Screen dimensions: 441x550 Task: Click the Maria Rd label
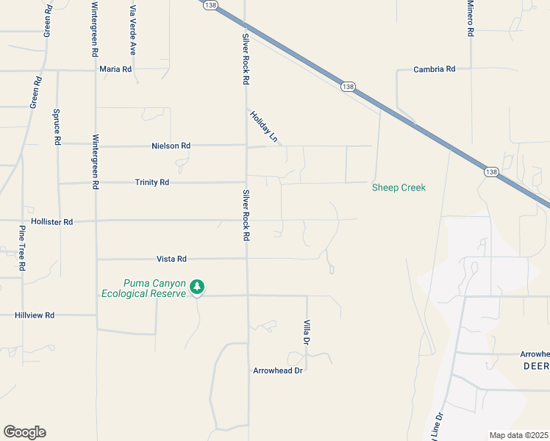(x=115, y=69)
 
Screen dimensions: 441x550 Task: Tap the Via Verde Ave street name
(x=133, y=30)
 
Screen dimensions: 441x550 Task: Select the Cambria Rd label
(x=435, y=69)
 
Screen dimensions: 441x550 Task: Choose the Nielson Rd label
(x=171, y=146)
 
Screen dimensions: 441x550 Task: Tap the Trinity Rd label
(x=152, y=182)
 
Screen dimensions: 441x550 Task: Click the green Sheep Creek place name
(x=399, y=187)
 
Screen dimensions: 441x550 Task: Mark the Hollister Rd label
(x=52, y=221)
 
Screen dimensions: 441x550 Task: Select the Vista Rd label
(x=172, y=259)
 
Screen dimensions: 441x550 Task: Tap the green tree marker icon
(x=197, y=287)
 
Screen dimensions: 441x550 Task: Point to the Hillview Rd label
(x=35, y=315)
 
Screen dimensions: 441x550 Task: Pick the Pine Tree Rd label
(x=22, y=248)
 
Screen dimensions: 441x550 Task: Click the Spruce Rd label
(x=57, y=125)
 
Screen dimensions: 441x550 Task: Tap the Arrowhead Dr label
(x=278, y=370)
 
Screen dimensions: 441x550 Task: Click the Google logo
(x=24, y=432)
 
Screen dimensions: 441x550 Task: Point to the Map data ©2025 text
(x=518, y=435)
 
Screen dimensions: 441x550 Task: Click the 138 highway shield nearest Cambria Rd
(x=348, y=87)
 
